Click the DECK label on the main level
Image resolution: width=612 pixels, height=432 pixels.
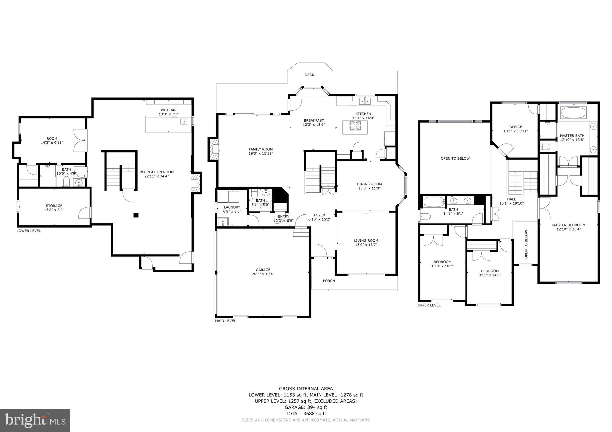[309, 75]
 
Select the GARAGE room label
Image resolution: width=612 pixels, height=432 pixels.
[263, 270]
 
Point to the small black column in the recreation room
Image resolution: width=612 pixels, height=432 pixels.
[136, 215]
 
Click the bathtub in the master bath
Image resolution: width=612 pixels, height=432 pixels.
[573, 113]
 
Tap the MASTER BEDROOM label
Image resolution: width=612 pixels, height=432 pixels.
[568, 225]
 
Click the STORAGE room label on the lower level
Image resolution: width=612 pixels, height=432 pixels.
[54, 206]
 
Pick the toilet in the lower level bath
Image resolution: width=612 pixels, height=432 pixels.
[66, 181]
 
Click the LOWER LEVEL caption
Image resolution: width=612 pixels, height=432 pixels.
[29, 231]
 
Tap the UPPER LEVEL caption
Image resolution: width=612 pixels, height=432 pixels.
[429, 305]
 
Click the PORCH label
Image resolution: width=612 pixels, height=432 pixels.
[329, 281]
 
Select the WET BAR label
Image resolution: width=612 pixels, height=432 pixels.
[169, 110]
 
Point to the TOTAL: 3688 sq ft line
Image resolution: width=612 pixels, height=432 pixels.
[306, 414]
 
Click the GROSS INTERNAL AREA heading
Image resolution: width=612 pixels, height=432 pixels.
[306, 388]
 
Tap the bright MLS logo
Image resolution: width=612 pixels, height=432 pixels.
[35, 421]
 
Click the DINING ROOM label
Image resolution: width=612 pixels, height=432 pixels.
[369, 184]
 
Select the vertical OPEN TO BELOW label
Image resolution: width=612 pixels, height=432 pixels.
[526, 244]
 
